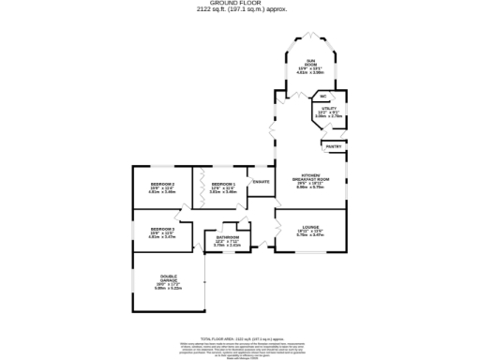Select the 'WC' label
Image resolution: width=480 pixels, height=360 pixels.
pos(322,97)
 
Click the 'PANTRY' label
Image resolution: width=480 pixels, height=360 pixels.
pos(334,147)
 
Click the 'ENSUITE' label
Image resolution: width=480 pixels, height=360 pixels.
pos(262,181)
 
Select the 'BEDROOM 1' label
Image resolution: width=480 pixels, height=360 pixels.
pos(222,184)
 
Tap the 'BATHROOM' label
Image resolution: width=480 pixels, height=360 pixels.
pos(228,238)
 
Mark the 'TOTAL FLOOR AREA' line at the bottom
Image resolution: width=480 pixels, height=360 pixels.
pos(239,338)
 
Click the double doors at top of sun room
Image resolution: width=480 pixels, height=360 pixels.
pos(308,37)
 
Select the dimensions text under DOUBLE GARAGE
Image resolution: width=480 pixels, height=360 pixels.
pos(168,288)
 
